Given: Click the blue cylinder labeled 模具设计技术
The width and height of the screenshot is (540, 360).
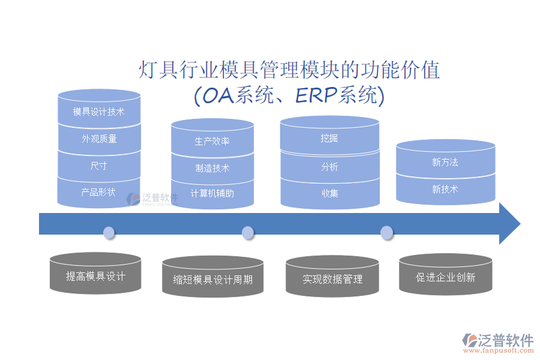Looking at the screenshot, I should [99, 111].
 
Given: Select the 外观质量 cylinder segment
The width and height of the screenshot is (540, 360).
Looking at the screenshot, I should [99, 139].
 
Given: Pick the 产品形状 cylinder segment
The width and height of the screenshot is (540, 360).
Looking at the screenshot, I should [99, 193].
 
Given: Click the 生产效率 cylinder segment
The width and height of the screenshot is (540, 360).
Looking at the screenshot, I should [212, 141].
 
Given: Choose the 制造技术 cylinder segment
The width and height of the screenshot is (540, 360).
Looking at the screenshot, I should [212, 168].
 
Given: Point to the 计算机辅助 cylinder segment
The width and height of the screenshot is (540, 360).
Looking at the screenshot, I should [212, 193].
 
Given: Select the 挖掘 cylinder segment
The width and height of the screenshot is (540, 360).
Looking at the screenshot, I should [329, 139].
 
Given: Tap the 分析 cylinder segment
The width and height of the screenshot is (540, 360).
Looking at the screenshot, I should [329, 167].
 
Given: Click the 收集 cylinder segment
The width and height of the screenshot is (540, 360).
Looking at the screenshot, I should [329, 193].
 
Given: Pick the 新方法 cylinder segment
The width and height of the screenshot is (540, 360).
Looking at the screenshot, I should [445, 162].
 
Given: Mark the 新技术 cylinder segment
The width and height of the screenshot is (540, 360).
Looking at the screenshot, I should [445, 189].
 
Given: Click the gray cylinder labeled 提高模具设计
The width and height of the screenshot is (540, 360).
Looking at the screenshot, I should [95, 276].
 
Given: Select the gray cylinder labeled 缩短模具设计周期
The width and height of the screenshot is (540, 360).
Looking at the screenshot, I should [212, 279].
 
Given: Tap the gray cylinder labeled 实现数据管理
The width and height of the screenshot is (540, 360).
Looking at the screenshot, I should [332, 278].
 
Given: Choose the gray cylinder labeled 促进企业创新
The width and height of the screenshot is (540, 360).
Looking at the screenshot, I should [445, 277].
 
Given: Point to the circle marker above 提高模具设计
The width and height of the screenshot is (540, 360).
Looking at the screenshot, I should [109, 232].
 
